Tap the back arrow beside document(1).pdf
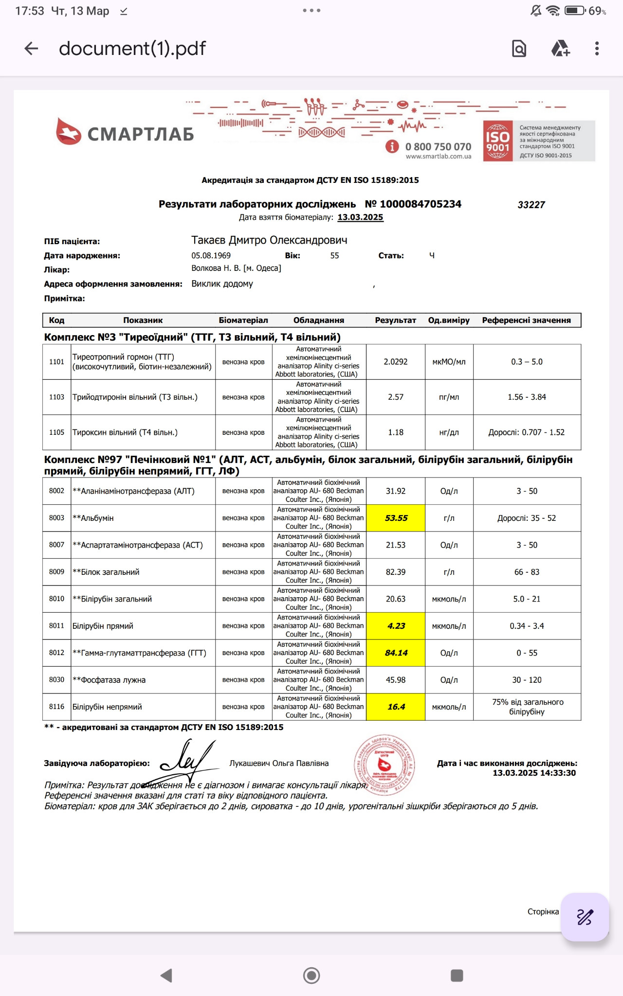pyautogui.click(x=31, y=48)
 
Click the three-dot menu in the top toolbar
pyautogui.click(x=597, y=48)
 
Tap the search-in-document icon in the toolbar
pyautogui.click(x=519, y=49)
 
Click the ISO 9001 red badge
pyautogui.click(x=497, y=141)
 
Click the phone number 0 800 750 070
pyautogui.click(x=438, y=147)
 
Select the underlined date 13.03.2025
pyautogui.click(x=360, y=217)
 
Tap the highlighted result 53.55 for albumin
pyautogui.click(x=396, y=518)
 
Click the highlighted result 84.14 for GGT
pyautogui.click(x=396, y=653)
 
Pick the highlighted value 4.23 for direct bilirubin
pyautogui.click(x=396, y=626)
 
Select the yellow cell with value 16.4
pyautogui.click(x=396, y=707)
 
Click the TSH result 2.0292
pyautogui.click(x=395, y=362)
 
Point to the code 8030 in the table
pyautogui.click(x=56, y=680)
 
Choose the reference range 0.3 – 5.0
pyautogui.click(x=527, y=362)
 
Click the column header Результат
pyautogui.click(x=395, y=320)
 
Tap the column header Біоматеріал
pyautogui.click(x=243, y=320)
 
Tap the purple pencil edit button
pyautogui.click(x=585, y=917)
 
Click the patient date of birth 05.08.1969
pyautogui.click(x=211, y=255)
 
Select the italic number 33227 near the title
pyautogui.click(x=531, y=205)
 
